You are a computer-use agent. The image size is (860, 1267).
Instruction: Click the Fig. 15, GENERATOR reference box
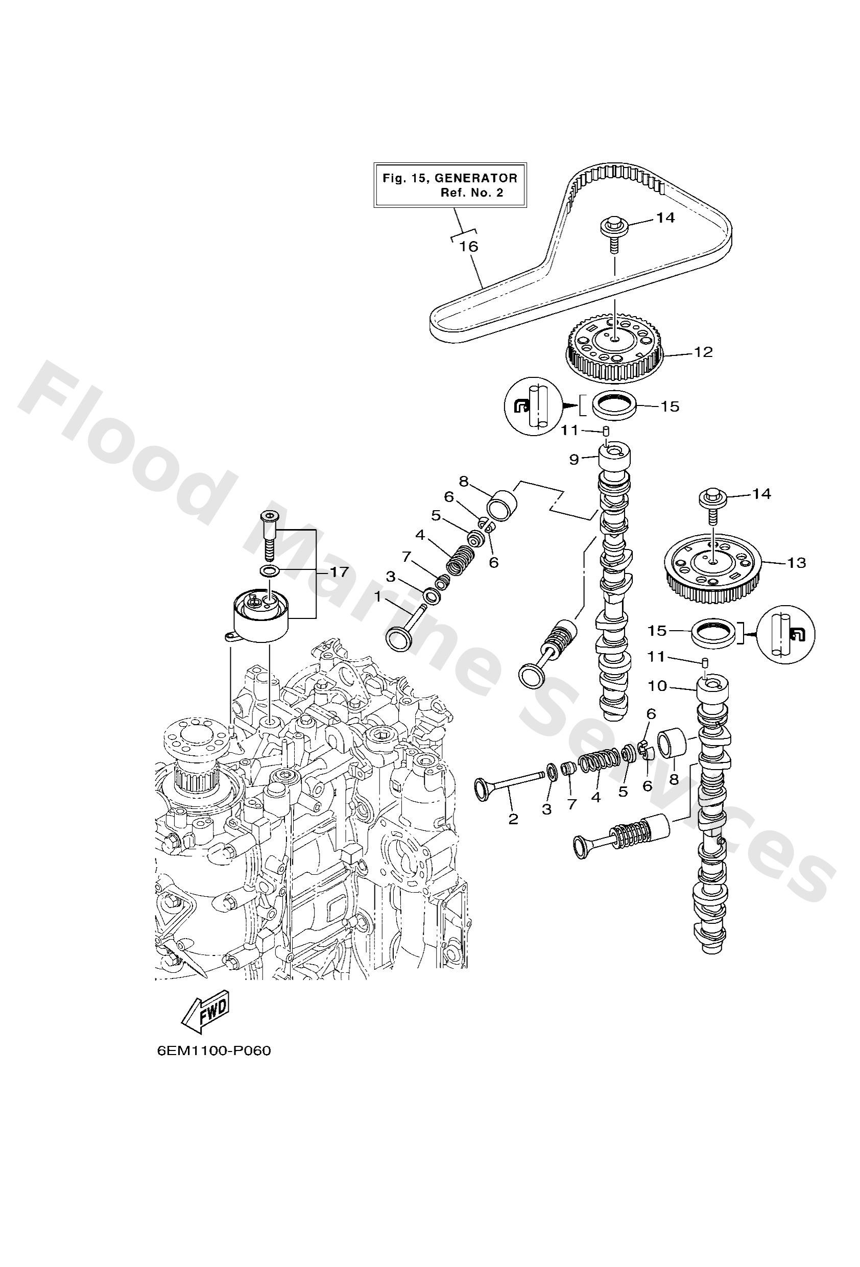click(449, 185)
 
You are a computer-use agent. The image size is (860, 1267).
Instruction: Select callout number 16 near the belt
click(468, 247)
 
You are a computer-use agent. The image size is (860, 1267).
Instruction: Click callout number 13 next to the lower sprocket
click(796, 563)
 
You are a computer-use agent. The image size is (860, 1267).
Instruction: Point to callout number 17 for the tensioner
click(339, 572)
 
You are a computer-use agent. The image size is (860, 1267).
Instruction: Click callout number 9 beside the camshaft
click(574, 460)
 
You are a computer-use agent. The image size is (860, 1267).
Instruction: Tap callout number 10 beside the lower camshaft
click(658, 686)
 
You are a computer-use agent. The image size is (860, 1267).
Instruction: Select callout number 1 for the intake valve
click(377, 597)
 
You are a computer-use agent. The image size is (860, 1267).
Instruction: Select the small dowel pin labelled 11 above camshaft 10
click(705, 662)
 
